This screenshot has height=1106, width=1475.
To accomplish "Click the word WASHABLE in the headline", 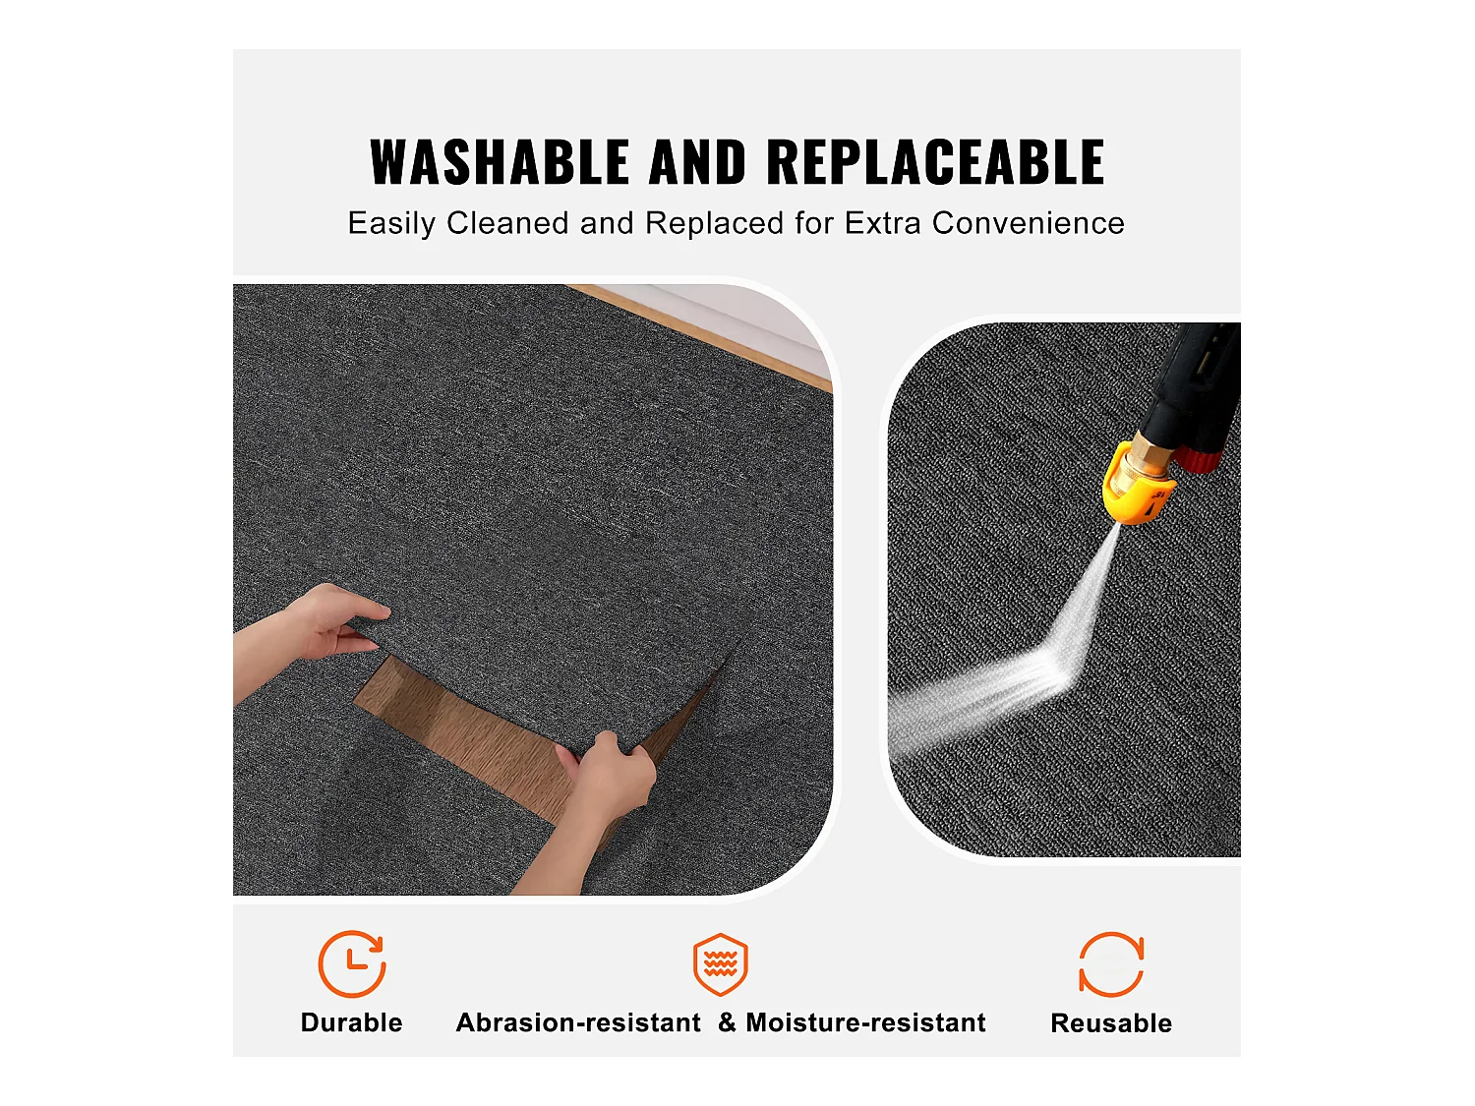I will click(x=499, y=162).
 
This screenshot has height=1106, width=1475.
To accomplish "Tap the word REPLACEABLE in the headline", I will click(x=935, y=162).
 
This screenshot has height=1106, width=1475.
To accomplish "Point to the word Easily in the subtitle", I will click(x=391, y=224).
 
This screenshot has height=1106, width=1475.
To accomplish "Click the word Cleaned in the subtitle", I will click(x=507, y=223).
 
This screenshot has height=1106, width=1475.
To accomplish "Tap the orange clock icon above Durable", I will click(x=351, y=964).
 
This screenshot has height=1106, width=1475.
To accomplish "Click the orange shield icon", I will click(x=721, y=964).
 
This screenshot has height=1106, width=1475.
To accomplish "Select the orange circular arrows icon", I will click(x=1111, y=964).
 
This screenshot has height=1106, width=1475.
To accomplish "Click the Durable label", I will click(x=351, y=1022).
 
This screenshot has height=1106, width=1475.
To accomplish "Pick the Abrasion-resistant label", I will click(x=578, y=1022).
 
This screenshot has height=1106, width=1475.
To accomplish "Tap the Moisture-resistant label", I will click(x=865, y=1022).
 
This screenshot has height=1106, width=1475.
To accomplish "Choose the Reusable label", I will click(x=1111, y=1023).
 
